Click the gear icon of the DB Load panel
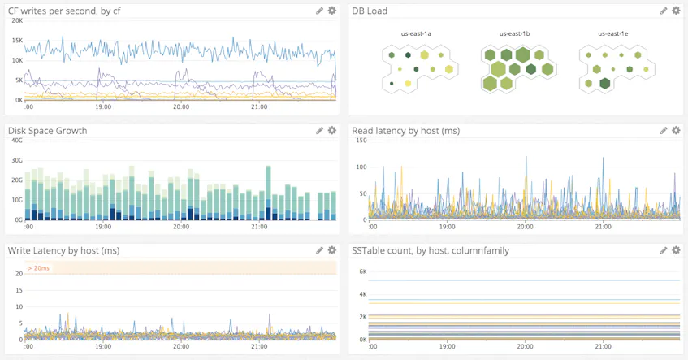click(676, 11)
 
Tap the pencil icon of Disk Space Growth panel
click(319, 130)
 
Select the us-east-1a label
click(416, 34)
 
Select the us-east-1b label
click(514, 34)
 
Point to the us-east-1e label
click(613, 34)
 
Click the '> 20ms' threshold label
click(39, 267)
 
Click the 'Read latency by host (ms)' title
click(416, 130)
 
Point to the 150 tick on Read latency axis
click(361, 141)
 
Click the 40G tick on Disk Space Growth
click(16, 141)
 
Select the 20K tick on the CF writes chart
click(16, 20)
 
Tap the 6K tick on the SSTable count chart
click(363, 271)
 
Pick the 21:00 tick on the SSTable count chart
click(603, 347)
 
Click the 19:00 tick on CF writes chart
click(103, 106)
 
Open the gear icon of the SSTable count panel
click(676, 250)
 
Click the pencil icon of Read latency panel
click(664, 130)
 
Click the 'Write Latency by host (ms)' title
click(63, 250)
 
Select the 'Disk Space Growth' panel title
click(47, 130)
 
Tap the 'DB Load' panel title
click(370, 11)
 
